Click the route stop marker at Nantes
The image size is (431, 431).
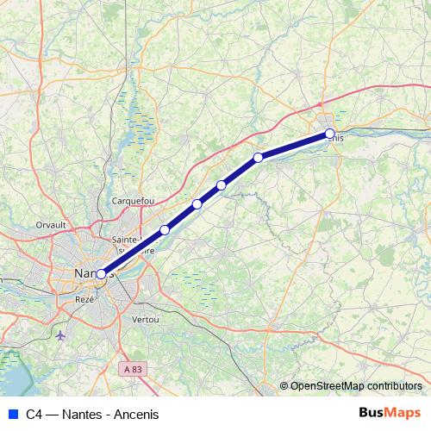click(101, 274)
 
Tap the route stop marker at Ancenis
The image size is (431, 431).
click(330, 133)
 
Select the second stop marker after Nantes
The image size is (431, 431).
click(197, 204)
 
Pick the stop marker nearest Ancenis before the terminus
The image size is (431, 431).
click(258, 157)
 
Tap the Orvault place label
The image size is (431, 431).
click(52, 224)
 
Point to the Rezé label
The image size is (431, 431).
click(84, 298)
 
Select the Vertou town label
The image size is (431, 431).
click(146, 319)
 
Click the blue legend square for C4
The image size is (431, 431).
click(12, 415)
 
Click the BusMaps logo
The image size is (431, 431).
click(390, 414)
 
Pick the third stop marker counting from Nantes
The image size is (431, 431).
click(222, 185)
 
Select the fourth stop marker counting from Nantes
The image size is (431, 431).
click(258, 157)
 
